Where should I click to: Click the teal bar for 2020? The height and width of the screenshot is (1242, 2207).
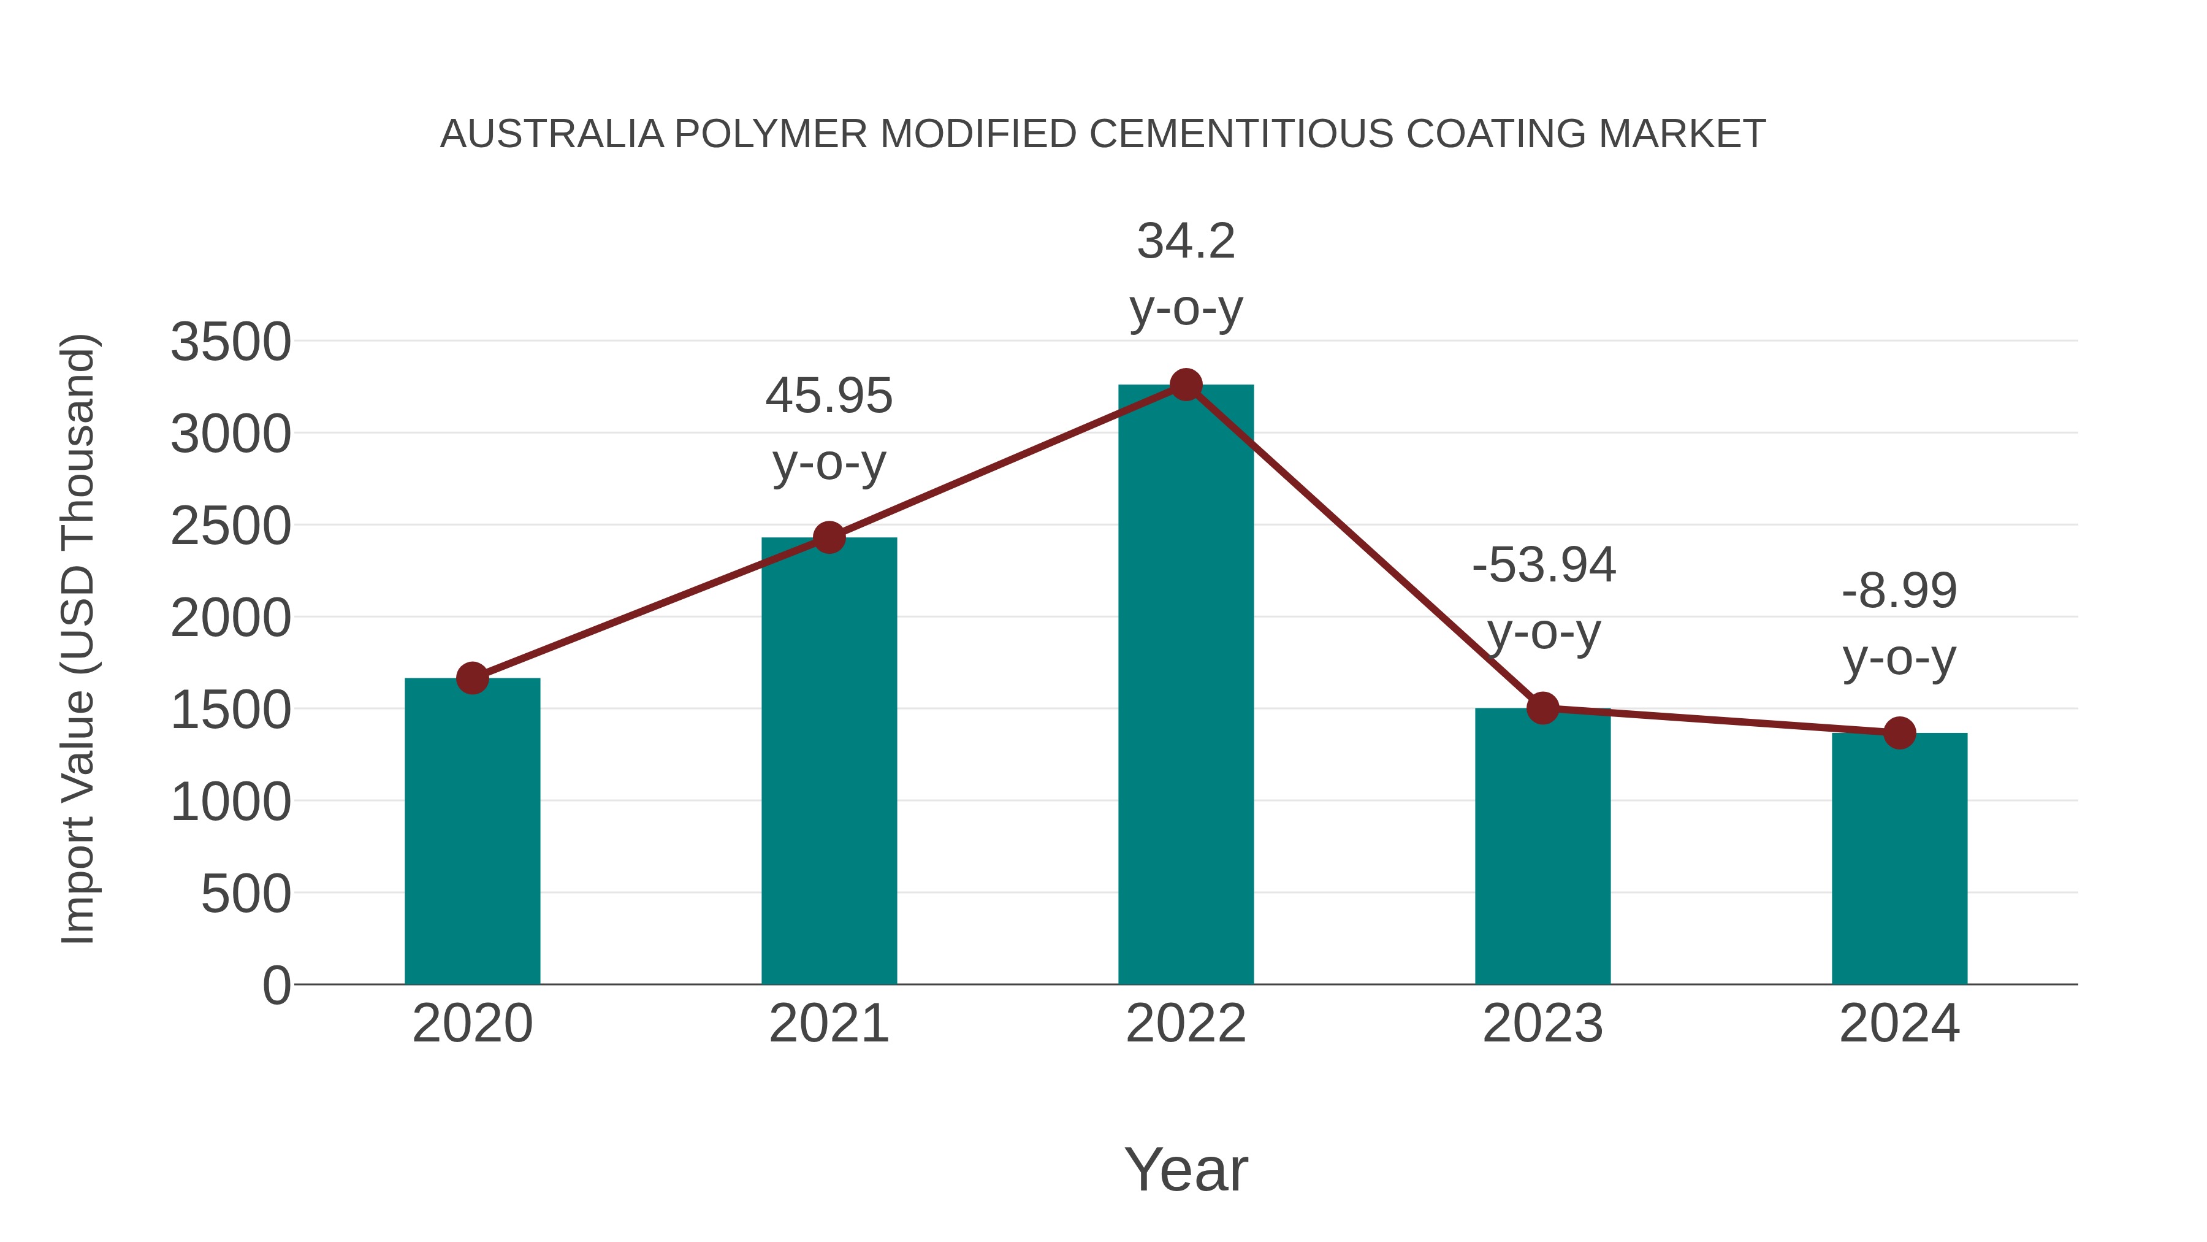(472, 832)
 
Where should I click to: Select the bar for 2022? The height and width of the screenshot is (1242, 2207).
(1186, 686)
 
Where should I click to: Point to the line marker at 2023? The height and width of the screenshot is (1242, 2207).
(1542, 708)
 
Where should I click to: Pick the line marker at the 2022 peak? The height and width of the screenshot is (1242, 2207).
(1186, 385)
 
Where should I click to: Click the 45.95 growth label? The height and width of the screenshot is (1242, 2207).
(828, 397)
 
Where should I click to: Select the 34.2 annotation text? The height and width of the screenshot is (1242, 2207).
(1186, 242)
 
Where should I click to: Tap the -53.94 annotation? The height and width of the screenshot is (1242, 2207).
(1543, 565)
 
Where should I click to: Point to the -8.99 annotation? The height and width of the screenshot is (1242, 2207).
(1899, 591)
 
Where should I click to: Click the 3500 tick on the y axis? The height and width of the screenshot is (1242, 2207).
(231, 342)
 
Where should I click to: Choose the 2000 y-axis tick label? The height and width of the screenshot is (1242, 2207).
(231, 618)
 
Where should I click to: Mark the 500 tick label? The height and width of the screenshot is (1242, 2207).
(246, 894)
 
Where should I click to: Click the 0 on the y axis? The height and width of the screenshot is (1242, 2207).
(276, 986)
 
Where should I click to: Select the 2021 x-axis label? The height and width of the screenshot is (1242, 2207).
(828, 1024)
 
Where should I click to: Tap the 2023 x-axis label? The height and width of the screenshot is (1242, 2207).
(1542, 1024)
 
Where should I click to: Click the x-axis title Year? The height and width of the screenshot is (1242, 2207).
(1186, 1169)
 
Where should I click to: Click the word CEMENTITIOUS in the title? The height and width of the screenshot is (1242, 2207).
(1241, 134)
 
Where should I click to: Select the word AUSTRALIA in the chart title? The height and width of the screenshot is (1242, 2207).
(552, 134)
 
